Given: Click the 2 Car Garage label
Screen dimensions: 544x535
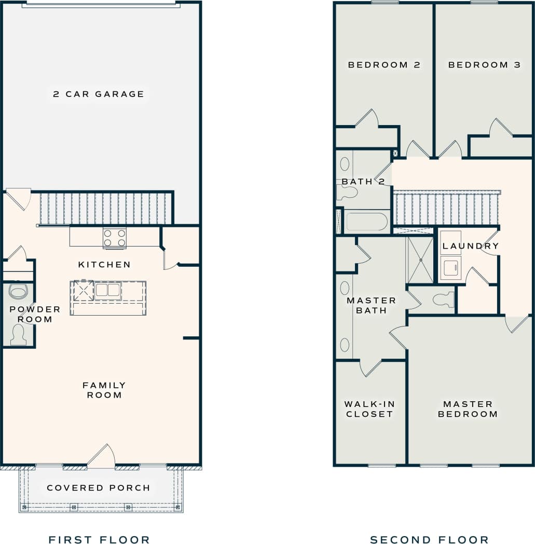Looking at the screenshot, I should (99, 94).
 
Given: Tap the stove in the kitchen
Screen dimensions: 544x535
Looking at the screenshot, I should (115, 238).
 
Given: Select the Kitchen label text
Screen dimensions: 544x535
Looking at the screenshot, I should (104, 265).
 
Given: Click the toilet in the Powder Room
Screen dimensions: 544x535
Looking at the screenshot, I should (19, 334).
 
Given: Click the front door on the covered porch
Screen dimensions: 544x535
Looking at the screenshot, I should (101, 456).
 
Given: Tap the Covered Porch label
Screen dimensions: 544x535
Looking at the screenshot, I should (99, 488).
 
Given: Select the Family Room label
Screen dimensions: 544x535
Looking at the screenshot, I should (104, 390).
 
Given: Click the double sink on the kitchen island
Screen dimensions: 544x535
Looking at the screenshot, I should (107, 290).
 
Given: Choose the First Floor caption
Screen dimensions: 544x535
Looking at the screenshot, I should (99, 540).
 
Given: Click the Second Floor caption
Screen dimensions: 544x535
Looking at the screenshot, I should (429, 540).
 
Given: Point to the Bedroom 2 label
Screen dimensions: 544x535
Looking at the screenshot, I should (384, 65).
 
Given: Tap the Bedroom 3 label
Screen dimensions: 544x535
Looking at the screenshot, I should (485, 65).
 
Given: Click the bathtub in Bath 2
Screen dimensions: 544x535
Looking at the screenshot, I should (366, 222).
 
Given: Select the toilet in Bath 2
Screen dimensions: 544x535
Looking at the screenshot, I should (347, 193).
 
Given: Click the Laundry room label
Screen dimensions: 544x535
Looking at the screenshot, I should (471, 246).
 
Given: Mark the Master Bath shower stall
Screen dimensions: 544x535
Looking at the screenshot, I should (419, 260).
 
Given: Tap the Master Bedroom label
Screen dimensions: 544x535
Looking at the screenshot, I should (468, 409).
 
